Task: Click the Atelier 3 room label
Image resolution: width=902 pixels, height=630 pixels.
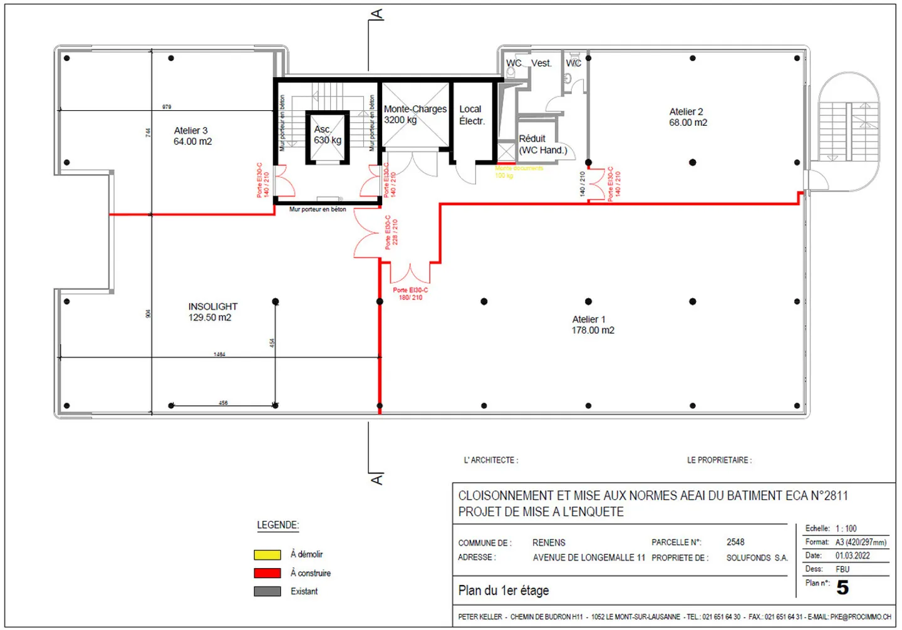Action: coord(192,136)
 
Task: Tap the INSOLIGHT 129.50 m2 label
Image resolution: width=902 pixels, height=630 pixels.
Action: coord(212,312)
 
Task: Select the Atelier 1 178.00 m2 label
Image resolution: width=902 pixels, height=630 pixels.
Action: coord(592,325)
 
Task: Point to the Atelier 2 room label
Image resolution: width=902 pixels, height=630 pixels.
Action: coord(687,117)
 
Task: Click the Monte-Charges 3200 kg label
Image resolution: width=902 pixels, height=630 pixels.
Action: coord(415,114)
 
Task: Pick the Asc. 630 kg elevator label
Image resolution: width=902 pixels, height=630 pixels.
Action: coord(327,135)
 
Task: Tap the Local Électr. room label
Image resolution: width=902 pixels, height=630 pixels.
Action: coord(471,115)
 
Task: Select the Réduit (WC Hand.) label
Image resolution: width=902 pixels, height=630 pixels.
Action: coord(542,144)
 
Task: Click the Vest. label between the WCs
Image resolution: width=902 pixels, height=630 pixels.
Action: coord(541,63)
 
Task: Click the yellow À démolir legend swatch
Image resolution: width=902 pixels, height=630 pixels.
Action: coord(267,555)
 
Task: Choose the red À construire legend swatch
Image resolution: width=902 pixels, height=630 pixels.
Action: coord(267,573)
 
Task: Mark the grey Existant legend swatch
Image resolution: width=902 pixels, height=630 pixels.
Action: coord(267,591)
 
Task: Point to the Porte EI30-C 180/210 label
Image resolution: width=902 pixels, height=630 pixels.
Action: coord(410,294)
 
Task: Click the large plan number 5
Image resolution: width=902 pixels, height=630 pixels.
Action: coord(842,587)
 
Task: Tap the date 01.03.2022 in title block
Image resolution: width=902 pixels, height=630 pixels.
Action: coord(852,555)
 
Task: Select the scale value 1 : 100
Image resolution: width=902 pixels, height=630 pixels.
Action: coord(846,529)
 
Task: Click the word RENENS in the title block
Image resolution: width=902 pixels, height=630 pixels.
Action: coord(549,542)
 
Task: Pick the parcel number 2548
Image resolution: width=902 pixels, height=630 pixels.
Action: coord(735,542)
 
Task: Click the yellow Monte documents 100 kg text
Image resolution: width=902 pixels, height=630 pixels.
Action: coord(519,172)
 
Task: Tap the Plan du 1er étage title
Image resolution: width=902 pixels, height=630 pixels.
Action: coord(504,591)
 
